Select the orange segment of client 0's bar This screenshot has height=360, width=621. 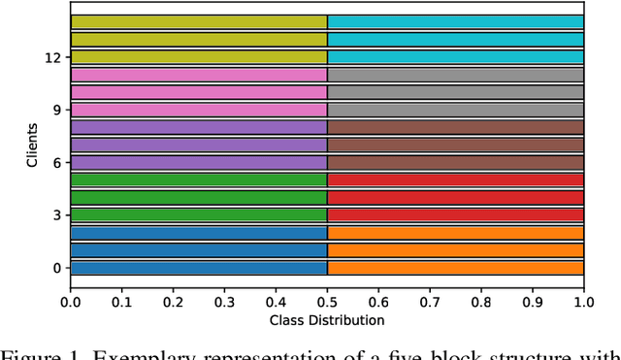[x=455, y=268]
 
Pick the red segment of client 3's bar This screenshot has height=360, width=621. [x=455, y=214]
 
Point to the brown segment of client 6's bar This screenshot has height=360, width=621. [x=455, y=162]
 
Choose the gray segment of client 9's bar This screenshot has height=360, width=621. [x=455, y=110]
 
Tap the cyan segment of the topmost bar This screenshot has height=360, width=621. [x=455, y=21]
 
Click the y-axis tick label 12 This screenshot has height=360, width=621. [x=51, y=57]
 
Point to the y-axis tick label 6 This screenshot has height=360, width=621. [x=55, y=162]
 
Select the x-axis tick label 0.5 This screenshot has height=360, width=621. [x=327, y=302]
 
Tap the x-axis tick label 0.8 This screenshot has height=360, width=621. [x=480, y=302]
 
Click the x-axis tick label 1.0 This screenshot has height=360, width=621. [x=583, y=302]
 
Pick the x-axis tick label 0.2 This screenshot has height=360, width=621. [x=174, y=302]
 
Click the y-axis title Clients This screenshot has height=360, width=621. [x=33, y=145]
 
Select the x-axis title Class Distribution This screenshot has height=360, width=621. [x=327, y=319]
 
